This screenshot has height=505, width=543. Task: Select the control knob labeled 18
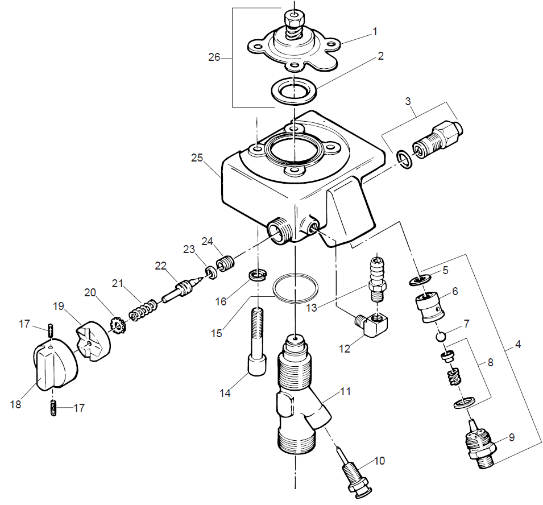coord(53,366)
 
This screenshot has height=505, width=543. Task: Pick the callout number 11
coord(346,391)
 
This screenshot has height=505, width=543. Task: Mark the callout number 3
coord(408,101)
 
